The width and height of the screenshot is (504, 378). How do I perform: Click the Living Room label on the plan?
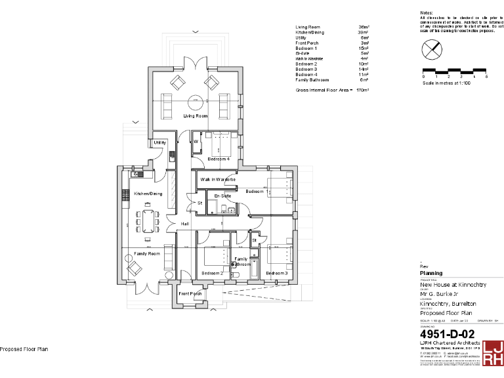click(195, 116)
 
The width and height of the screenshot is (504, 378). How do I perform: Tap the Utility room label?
click(159, 142)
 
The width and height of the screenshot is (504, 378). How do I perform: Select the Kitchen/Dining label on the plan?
click(148, 194)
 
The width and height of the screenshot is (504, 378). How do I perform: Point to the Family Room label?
click(147, 253)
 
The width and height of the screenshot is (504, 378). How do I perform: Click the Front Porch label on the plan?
click(190, 293)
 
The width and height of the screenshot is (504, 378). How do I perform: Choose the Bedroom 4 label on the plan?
click(219, 159)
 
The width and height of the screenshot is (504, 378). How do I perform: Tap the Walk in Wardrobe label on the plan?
click(218, 179)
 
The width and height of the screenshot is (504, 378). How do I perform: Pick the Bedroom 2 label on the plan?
click(212, 273)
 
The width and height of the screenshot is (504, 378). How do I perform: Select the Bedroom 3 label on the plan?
click(277, 273)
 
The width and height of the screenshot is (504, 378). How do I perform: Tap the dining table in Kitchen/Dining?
click(148, 221)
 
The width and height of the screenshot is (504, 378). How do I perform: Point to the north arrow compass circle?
click(430, 49)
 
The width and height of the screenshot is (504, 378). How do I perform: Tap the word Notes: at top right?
click(427, 12)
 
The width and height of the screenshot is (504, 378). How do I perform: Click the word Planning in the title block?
click(431, 273)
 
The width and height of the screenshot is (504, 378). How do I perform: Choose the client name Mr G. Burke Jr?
click(442, 295)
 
